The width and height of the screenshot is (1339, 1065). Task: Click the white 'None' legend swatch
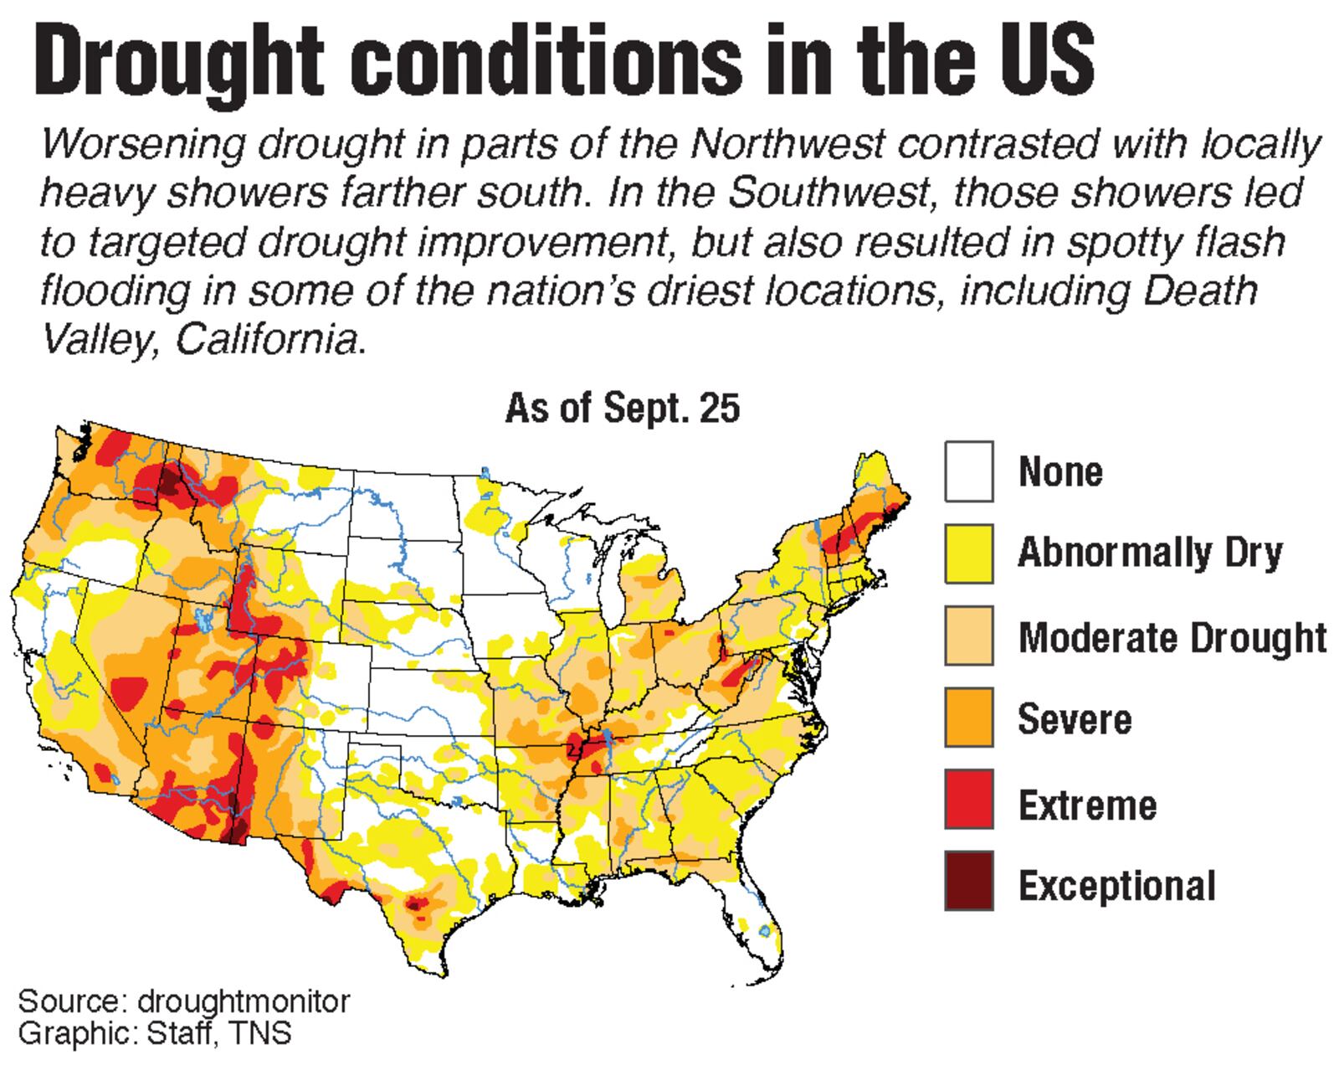coord(969,471)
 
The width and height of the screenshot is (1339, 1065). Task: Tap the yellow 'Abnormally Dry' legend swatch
coord(969,553)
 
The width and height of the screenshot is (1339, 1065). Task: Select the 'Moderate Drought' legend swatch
coord(969,635)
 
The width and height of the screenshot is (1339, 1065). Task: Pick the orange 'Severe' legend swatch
coord(969,718)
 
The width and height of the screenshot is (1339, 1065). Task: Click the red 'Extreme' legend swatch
coord(969,800)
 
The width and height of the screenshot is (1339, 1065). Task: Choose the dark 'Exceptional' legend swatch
coord(969,881)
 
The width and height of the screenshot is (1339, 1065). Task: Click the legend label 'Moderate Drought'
coord(1172,638)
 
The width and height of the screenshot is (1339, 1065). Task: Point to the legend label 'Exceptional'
coord(1116,885)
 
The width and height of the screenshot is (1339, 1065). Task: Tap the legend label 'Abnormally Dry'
coord(1150,553)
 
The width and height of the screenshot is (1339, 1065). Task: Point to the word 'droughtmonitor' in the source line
coord(244,1001)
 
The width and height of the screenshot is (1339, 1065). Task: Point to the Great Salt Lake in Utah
coord(203,620)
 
